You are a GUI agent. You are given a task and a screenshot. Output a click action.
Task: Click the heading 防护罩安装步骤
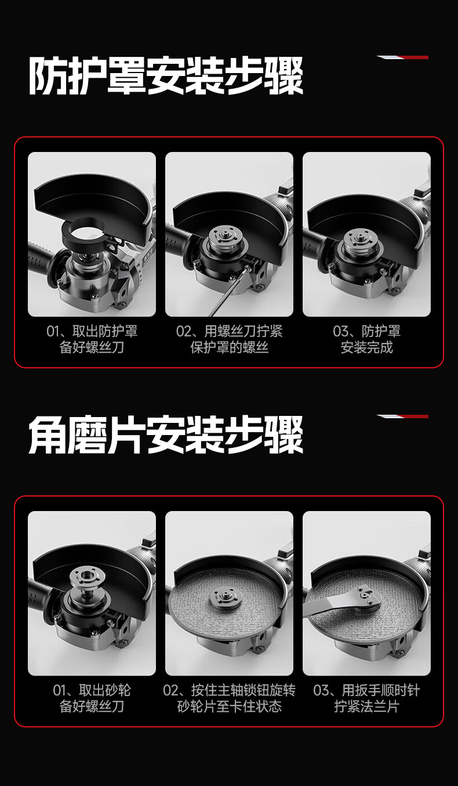(166, 75)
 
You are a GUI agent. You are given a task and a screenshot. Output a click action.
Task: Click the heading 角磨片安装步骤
(166, 434)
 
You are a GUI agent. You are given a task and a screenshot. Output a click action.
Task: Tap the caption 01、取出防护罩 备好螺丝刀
(92, 339)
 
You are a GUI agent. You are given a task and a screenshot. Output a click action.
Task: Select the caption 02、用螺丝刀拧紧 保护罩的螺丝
(230, 339)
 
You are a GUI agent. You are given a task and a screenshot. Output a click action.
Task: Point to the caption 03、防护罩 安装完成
(367, 339)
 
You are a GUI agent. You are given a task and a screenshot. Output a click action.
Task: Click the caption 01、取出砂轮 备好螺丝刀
(92, 698)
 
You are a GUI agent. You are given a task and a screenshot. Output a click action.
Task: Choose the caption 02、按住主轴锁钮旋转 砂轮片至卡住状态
(230, 698)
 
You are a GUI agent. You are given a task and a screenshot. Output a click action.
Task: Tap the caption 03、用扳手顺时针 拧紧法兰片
(367, 698)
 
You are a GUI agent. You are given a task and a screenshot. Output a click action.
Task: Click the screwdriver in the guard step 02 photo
(228, 292)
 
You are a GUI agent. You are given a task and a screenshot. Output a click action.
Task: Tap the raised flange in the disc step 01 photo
(86, 578)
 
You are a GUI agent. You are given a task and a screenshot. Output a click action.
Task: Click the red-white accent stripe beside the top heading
(402, 57)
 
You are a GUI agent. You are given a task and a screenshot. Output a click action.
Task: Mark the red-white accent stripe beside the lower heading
(402, 416)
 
